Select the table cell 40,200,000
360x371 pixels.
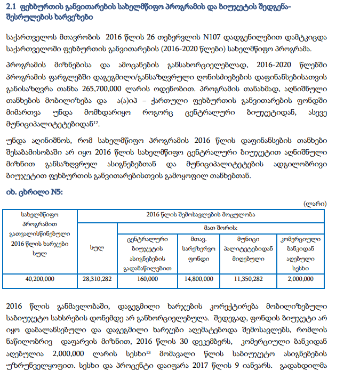40,278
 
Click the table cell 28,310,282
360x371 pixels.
97,278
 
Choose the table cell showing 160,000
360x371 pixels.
147,278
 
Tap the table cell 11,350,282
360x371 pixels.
249,278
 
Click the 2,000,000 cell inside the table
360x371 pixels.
300,278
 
